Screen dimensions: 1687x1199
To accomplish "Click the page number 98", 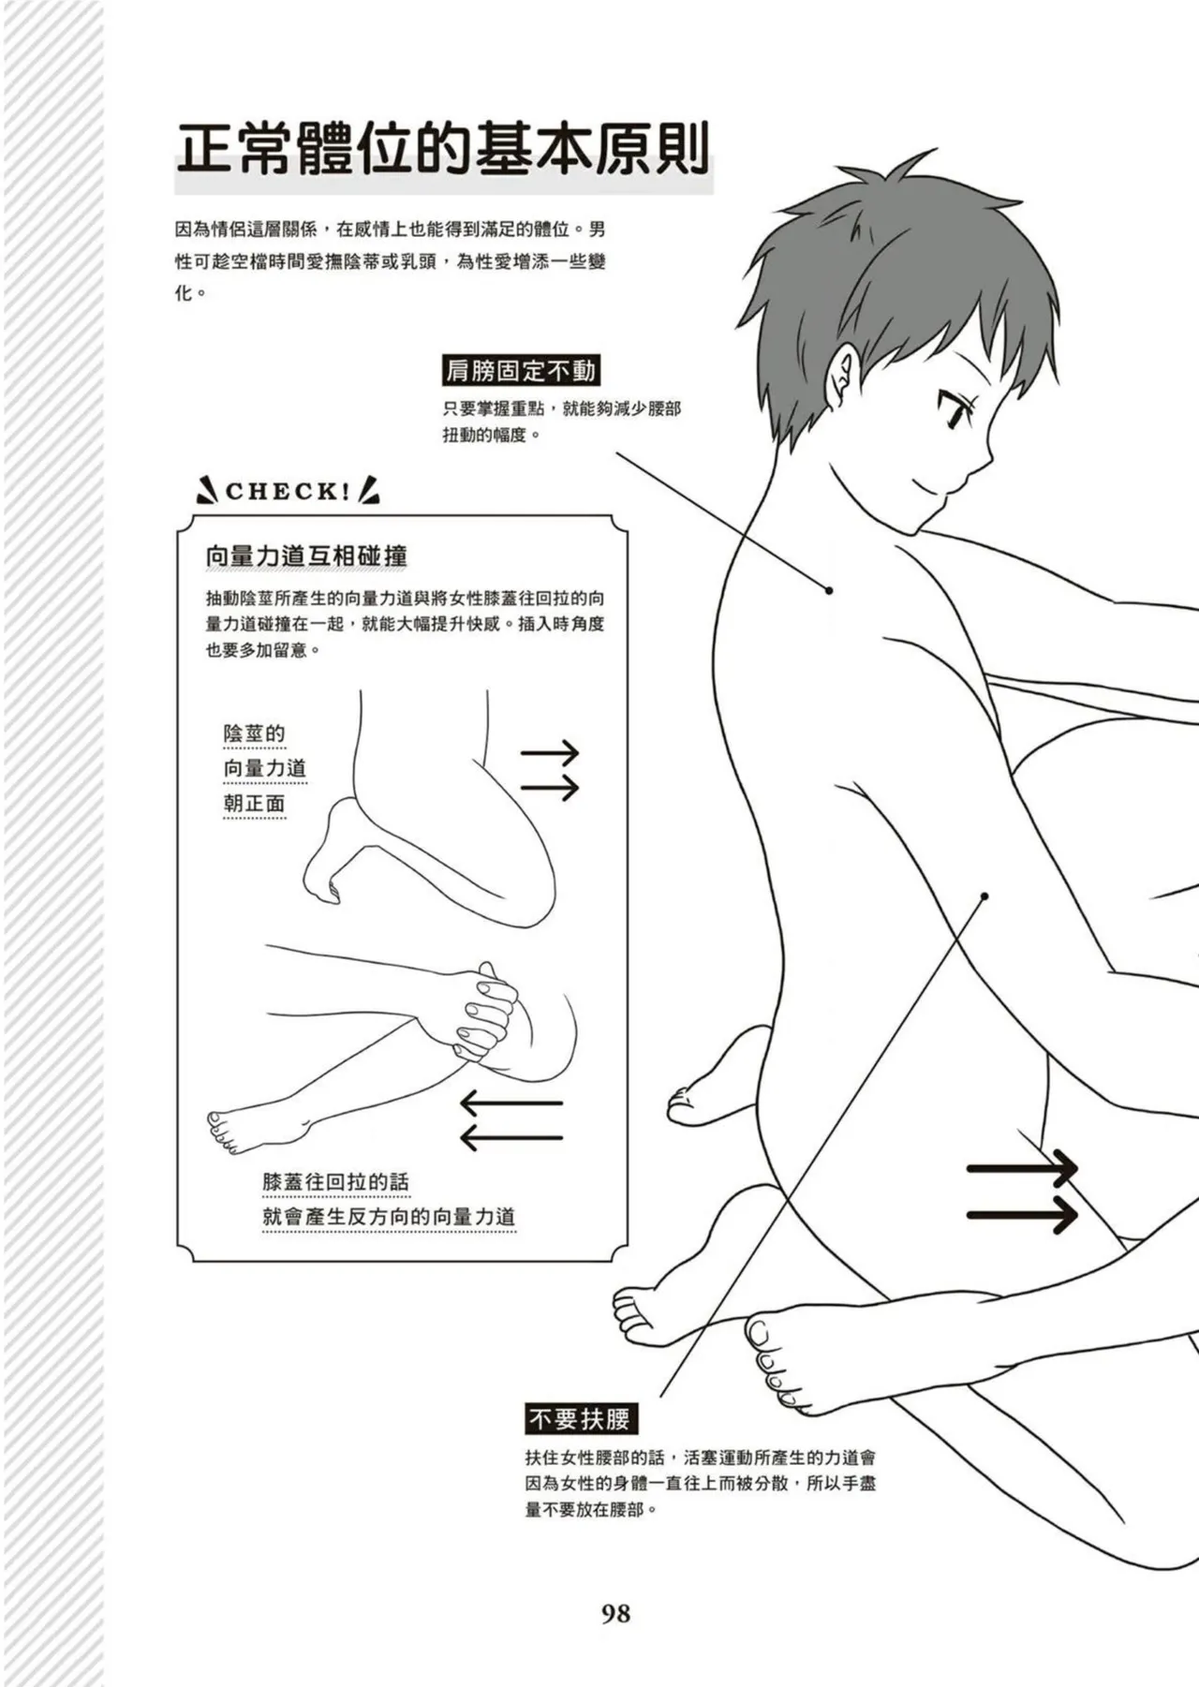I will (615, 1613).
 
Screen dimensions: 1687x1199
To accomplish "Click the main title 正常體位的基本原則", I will (443, 150).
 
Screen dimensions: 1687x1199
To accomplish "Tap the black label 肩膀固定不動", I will (520, 372).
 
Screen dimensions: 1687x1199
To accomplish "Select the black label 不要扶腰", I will (579, 1419).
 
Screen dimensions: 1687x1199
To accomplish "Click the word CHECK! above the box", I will (287, 492).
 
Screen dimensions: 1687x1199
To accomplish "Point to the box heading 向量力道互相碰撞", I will (306, 556).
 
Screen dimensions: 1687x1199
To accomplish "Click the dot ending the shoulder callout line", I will (829, 590).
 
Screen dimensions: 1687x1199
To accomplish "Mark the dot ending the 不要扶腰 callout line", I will (984, 896).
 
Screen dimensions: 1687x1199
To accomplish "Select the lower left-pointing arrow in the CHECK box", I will (511, 1137).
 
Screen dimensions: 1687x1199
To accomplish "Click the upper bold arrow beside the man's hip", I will (1022, 1169).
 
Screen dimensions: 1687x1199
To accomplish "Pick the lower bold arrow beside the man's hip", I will (1022, 1216).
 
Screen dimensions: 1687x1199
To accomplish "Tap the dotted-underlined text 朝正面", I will (254, 804).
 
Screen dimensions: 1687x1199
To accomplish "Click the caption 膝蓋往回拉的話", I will (335, 1182).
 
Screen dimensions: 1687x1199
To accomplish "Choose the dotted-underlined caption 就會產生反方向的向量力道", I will (389, 1218).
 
